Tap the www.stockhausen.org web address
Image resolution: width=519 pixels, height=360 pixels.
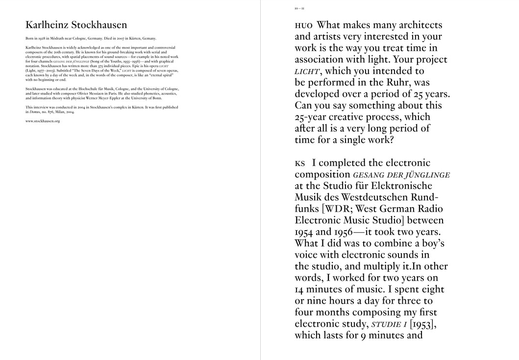coord(43,121)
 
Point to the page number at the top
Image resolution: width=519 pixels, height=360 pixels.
coord(299,9)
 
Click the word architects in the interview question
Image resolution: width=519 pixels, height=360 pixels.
coord(418,25)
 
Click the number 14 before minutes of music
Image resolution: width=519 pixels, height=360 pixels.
coord(301,289)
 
